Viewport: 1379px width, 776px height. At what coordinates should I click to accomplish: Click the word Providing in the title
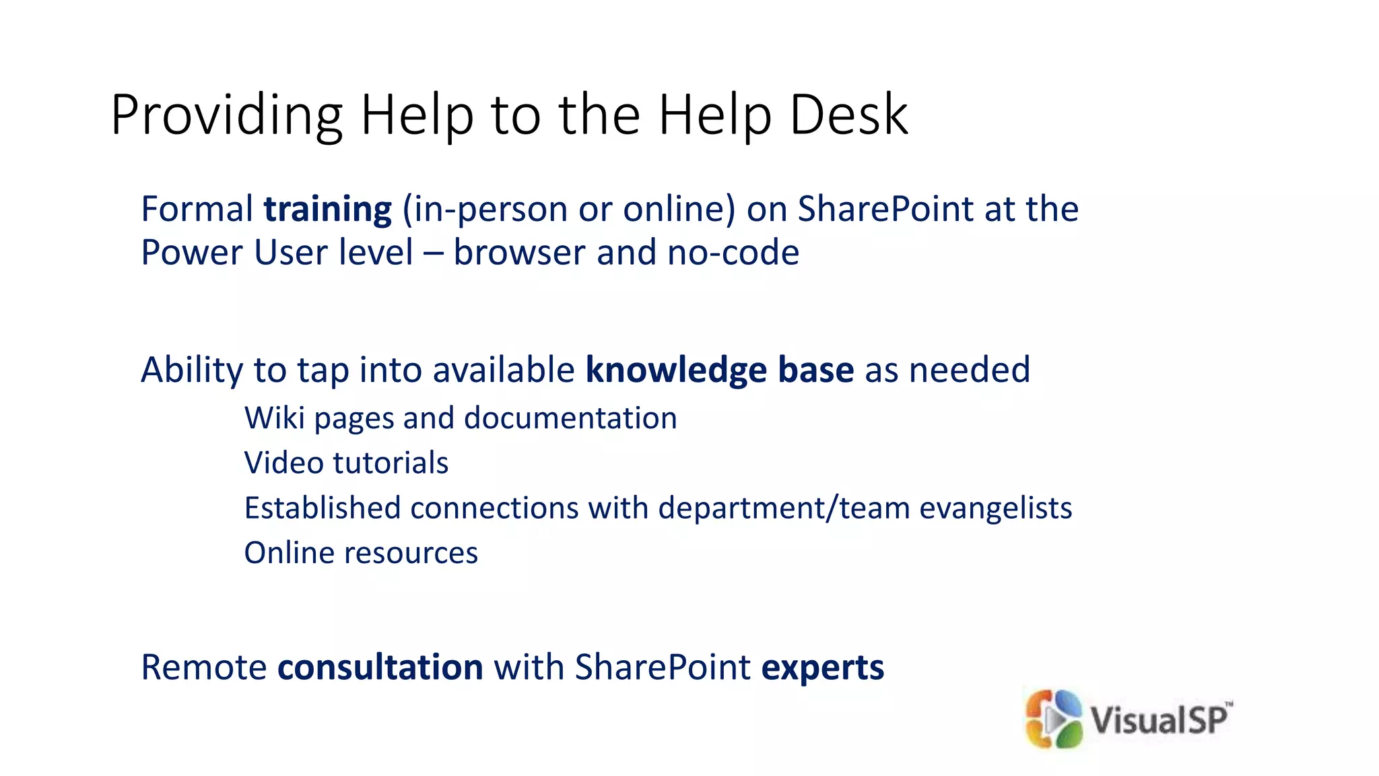227,116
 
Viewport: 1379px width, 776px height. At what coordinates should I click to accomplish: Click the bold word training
327,209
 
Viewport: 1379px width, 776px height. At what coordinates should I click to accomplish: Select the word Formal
197,209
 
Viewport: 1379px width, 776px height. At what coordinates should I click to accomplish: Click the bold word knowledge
676,370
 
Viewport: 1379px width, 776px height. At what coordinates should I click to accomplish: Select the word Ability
192,371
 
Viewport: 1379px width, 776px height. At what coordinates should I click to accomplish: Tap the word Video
283,463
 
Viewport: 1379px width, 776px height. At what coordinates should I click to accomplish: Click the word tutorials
391,463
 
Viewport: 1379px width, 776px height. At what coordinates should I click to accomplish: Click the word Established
322,508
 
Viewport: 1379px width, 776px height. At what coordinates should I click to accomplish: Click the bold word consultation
380,668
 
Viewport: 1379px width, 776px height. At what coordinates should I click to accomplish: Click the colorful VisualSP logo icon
1053,719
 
